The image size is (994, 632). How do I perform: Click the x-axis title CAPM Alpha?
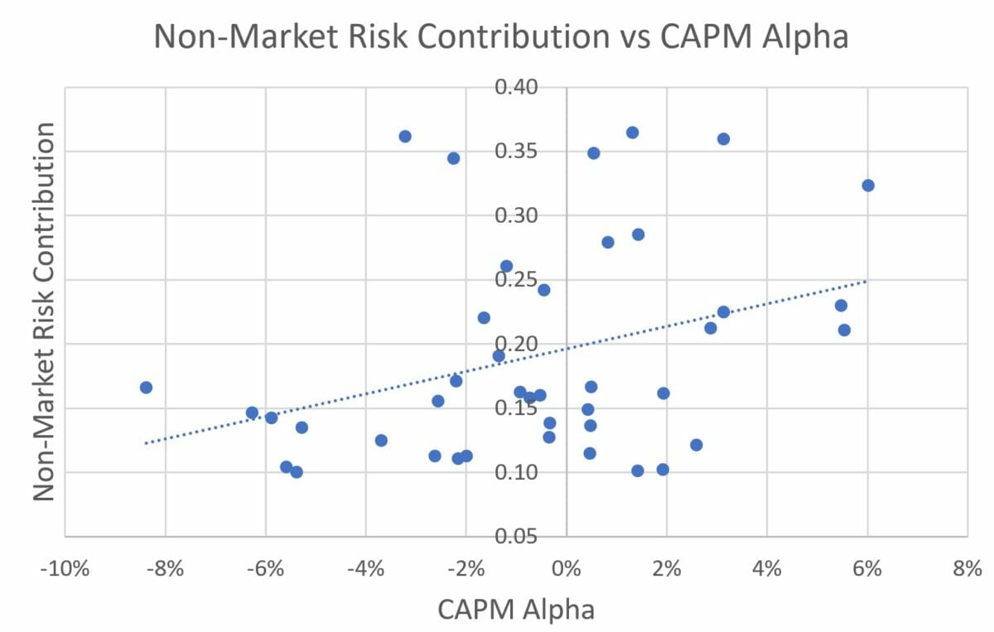(x=515, y=609)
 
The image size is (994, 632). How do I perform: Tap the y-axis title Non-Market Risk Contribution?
(x=46, y=311)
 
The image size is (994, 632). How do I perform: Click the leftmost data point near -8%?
(x=146, y=388)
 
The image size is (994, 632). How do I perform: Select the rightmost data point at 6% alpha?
(x=868, y=186)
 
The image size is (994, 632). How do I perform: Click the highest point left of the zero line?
(x=405, y=136)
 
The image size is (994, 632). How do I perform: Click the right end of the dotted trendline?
(x=866, y=282)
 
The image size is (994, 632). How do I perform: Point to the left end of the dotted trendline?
(x=146, y=443)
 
